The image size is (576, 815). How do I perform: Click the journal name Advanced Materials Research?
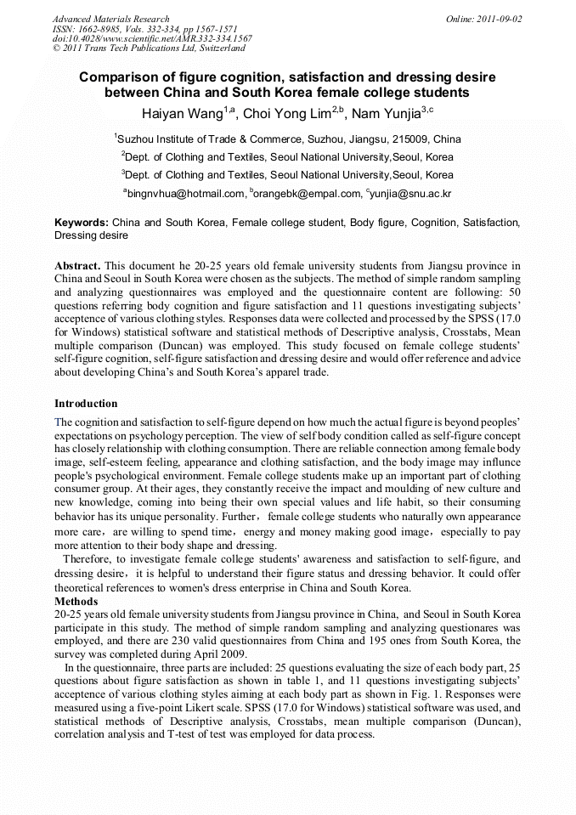pyautogui.click(x=110, y=19)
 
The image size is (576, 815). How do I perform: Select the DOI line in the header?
pyautogui.click(x=152, y=38)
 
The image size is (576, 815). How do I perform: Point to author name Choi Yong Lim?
pyautogui.click(x=291, y=113)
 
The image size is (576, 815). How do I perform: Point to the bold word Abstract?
pyautogui.click(x=78, y=266)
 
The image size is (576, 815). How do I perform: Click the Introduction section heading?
pyautogui.click(x=86, y=403)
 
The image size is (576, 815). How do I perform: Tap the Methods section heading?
pyautogui.click(x=76, y=602)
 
